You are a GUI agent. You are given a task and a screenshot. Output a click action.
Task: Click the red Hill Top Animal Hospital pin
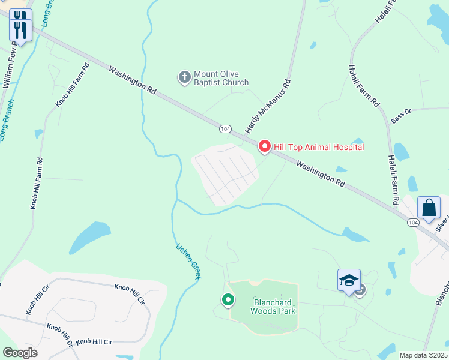click(x=264, y=146)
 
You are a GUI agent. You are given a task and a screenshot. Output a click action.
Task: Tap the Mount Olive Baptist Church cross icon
click(x=184, y=77)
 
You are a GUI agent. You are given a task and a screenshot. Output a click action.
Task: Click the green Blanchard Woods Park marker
click(x=228, y=299)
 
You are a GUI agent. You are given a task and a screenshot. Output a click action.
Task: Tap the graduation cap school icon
click(x=349, y=280)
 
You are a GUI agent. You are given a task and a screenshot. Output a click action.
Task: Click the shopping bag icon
click(x=429, y=208)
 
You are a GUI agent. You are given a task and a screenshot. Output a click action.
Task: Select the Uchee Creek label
click(x=188, y=260)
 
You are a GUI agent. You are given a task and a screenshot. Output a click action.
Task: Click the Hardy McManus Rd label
click(x=268, y=106)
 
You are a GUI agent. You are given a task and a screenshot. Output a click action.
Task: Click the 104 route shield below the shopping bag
click(x=413, y=223)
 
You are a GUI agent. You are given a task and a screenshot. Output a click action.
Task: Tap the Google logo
click(x=20, y=353)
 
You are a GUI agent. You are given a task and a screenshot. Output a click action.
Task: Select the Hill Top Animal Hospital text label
click(x=319, y=147)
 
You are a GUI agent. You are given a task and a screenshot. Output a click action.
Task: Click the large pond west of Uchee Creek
click(x=90, y=236)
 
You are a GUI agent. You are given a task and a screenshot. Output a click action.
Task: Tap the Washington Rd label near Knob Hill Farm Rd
click(x=133, y=80)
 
